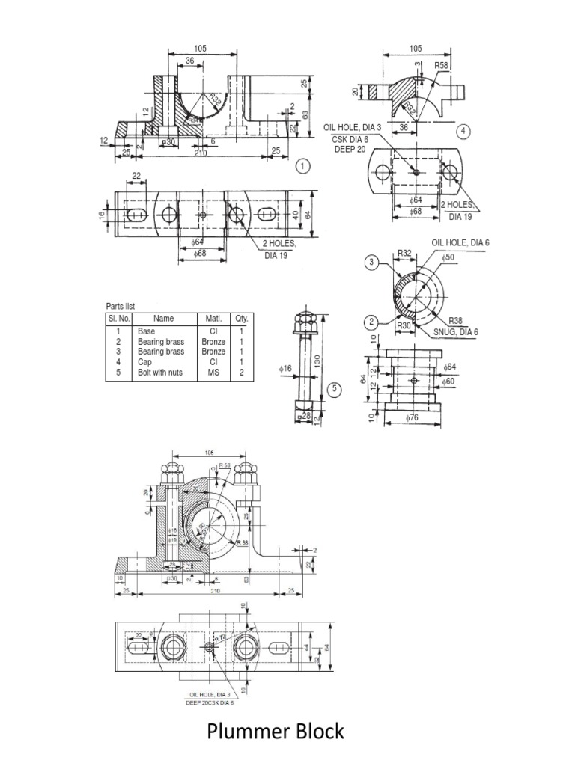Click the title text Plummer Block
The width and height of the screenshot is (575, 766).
(276, 730)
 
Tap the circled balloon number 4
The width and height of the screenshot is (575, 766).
(464, 132)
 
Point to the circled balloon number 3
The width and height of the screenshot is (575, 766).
(372, 263)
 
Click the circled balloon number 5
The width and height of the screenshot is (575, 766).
(335, 388)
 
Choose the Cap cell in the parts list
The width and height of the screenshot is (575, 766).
(144, 361)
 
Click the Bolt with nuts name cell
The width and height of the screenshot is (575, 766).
(160, 371)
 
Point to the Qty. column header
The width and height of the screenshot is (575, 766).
(242, 319)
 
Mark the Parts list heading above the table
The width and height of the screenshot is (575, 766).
(120, 306)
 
